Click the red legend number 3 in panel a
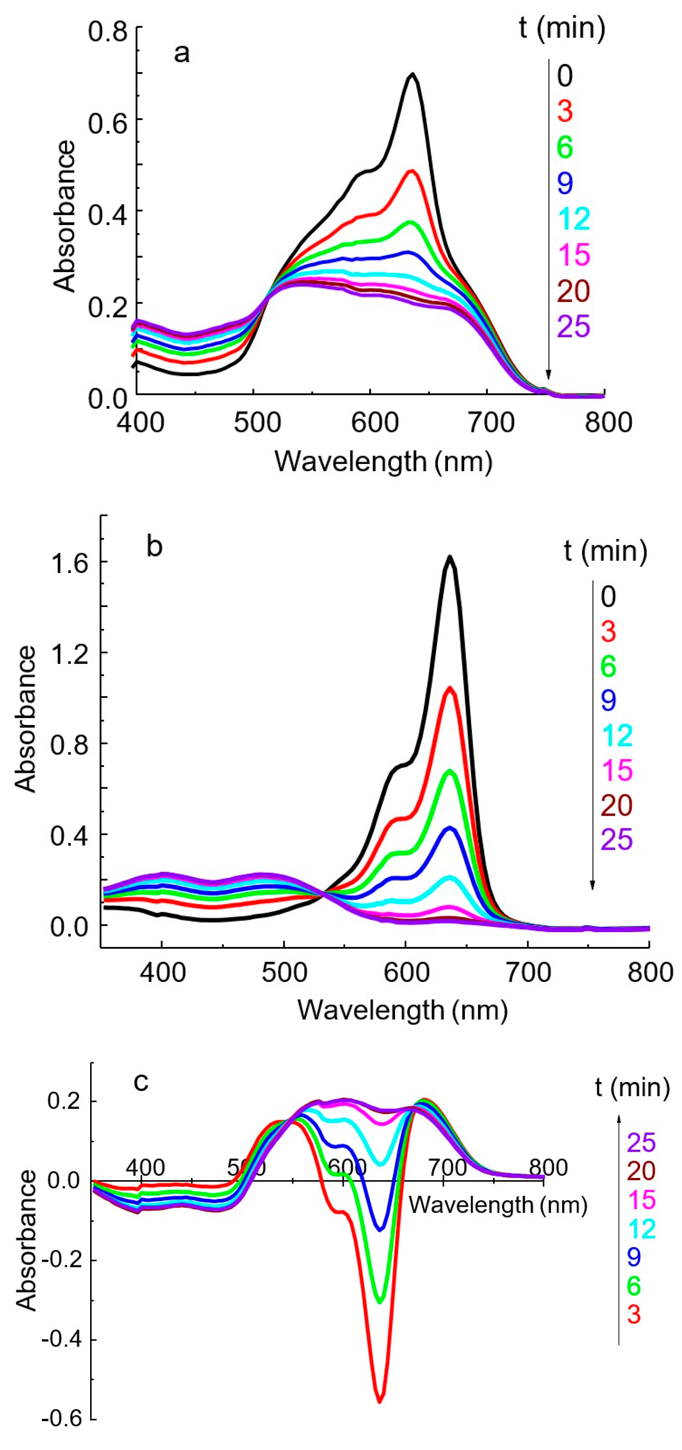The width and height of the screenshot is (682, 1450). (565, 111)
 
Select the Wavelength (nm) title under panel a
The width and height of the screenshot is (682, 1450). (384, 462)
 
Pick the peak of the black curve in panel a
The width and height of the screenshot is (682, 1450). (413, 74)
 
